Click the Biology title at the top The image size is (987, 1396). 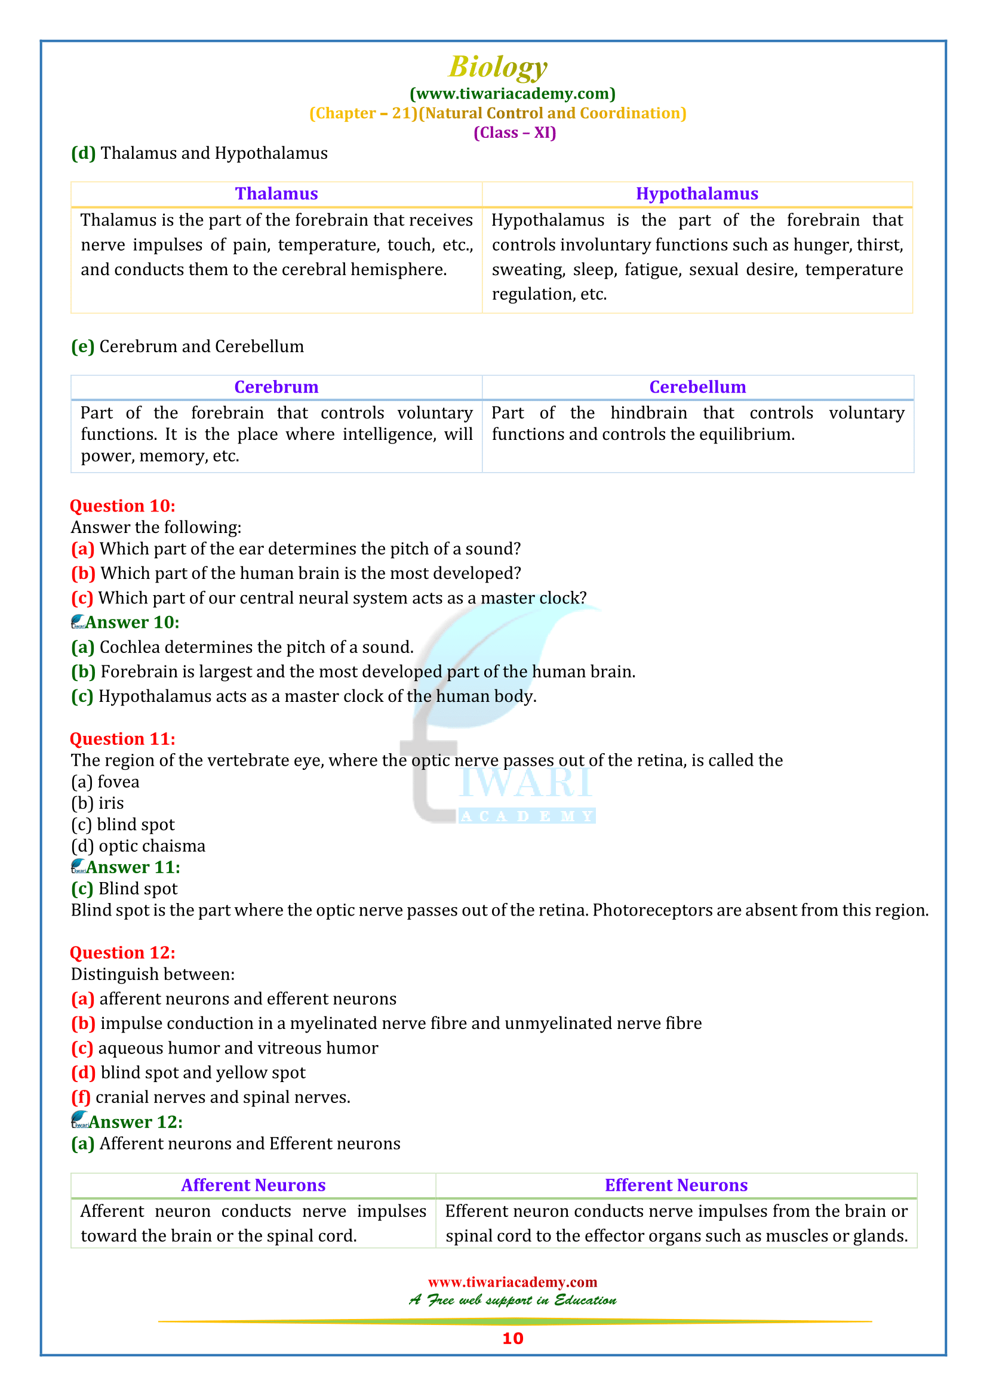pos(497,67)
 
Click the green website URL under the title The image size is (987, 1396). pos(512,94)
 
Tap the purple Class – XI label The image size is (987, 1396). pos(515,132)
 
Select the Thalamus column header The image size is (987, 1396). pos(276,193)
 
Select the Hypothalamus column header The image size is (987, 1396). pos(697,193)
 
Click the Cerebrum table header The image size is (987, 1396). pos(276,387)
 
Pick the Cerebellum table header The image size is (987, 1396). pos(697,387)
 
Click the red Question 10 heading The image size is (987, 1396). pos(122,506)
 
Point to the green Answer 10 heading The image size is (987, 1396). pos(132,622)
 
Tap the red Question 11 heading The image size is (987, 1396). pos(122,739)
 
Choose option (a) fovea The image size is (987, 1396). pos(105,782)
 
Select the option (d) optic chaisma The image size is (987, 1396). pos(138,846)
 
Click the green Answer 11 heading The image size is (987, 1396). pos(133,867)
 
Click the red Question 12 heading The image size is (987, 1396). pos(122,953)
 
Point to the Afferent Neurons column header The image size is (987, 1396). pos(253,1185)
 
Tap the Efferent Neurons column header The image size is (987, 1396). pos(676,1185)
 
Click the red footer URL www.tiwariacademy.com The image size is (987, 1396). pos(512,1281)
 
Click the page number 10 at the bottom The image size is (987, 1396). pos(512,1338)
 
